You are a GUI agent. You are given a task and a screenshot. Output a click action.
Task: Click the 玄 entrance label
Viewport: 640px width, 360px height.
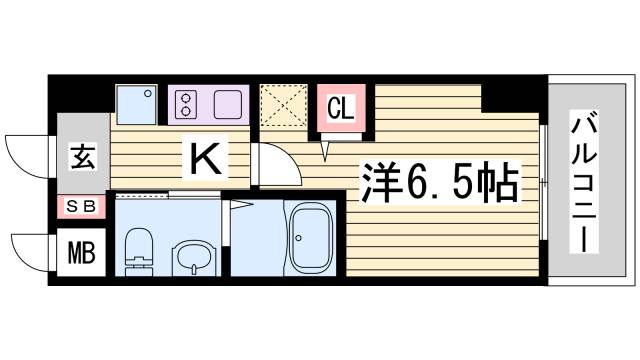(81, 158)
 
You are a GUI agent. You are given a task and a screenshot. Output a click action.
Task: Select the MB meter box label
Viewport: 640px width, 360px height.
(81, 253)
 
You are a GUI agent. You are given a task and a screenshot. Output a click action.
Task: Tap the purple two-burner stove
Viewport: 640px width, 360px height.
(210, 104)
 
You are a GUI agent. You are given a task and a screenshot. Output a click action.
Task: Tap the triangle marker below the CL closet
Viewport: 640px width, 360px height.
(326, 150)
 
